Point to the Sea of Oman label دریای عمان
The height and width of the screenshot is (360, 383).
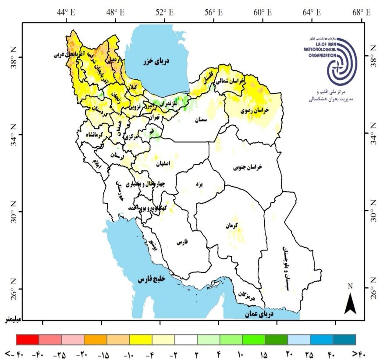pyautogui.click(x=270, y=314)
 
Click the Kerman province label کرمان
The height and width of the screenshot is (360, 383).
pyautogui.click(x=231, y=226)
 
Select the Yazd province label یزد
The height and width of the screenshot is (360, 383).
pyautogui.click(x=199, y=185)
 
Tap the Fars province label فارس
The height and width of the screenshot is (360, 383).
pyautogui.click(x=182, y=242)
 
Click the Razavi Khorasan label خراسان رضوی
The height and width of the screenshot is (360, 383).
pyautogui.click(x=255, y=111)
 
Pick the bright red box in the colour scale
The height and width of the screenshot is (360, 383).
pyautogui.click(x=27, y=339)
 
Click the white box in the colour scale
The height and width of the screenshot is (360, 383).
pyautogui.click(x=186, y=339)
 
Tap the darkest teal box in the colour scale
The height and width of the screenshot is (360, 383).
pyautogui.click(x=344, y=339)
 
